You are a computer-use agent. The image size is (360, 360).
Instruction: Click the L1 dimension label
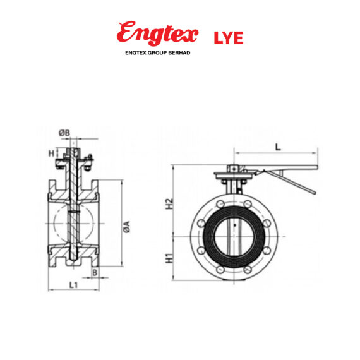(x=73, y=285)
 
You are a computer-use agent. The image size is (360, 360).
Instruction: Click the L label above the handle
(x=278, y=147)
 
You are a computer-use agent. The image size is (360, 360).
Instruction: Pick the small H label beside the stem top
(x=52, y=153)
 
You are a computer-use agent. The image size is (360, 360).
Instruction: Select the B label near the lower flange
(x=94, y=272)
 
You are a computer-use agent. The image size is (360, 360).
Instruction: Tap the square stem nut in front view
(x=234, y=169)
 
